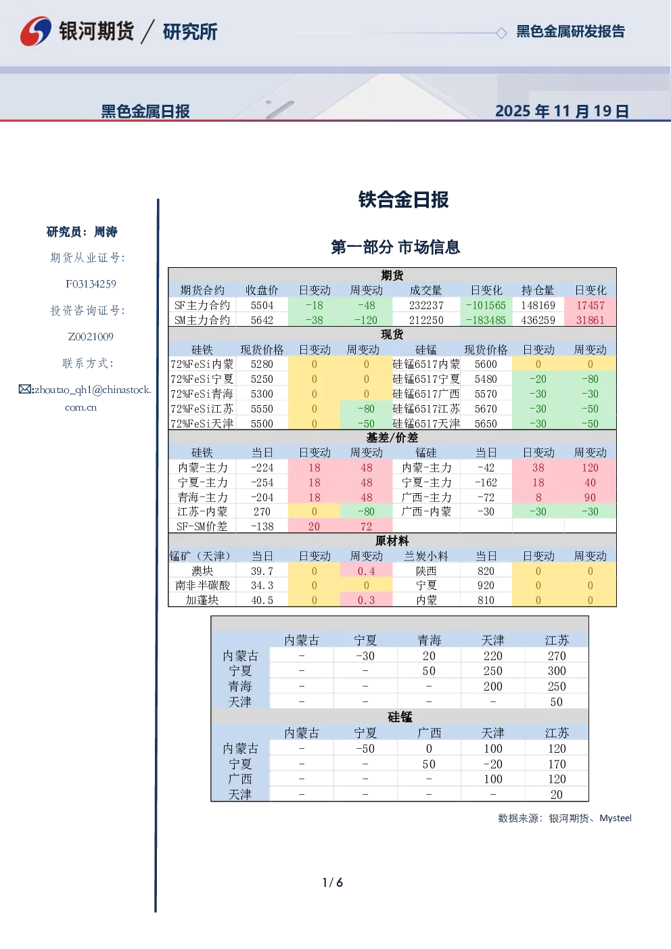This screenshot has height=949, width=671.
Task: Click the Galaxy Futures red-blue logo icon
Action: coord(36,31)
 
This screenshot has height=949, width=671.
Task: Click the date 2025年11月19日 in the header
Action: coord(561,111)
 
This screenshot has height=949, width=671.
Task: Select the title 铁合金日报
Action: coord(403,200)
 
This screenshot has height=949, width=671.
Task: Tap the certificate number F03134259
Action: coord(91,284)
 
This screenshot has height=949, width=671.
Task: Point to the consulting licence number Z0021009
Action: coord(91,337)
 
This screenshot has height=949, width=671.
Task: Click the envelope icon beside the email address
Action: coord(25,389)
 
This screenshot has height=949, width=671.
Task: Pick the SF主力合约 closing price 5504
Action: coord(262,306)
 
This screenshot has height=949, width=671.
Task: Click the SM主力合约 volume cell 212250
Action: coord(426,321)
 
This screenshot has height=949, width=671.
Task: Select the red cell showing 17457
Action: coord(590,306)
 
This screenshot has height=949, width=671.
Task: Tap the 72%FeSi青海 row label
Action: coord(202,394)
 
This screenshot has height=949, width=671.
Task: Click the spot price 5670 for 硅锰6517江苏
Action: coord(486,409)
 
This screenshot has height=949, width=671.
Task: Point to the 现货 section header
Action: coord(392,334)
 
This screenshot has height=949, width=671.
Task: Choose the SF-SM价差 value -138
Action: coord(262,527)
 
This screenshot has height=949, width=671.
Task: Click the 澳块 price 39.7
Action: coord(262,571)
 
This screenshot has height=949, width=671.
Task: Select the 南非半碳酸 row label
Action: coord(202,586)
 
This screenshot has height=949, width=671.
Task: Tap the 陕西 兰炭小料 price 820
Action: coord(486,571)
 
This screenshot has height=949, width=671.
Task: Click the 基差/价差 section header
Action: coord(392,438)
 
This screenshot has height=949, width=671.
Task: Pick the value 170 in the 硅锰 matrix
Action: coord(557,764)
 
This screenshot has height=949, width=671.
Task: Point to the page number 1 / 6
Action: coord(333,883)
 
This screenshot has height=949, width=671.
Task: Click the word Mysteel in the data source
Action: coord(615,818)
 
